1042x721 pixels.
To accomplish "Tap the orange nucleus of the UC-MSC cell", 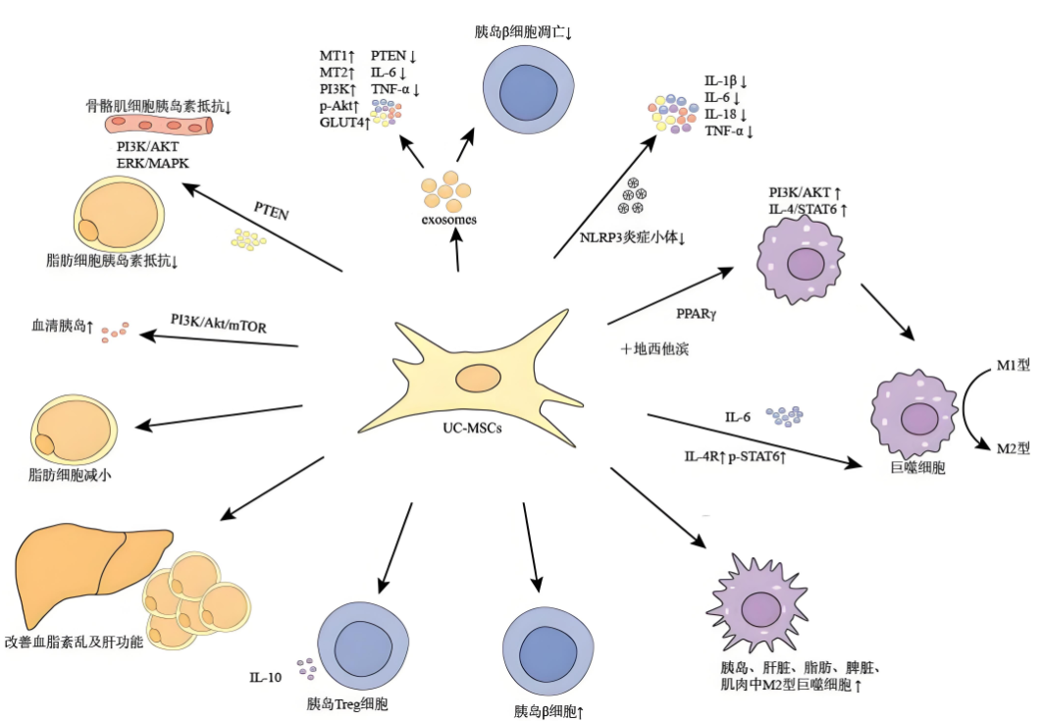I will pyautogui.click(x=478, y=378).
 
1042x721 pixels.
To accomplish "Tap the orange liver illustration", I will pyautogui.click(x=78, y=574).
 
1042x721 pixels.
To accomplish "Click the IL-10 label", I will pyautogui.click(x=267, y=676).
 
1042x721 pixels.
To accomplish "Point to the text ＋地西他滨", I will pyautogui.click(x=654, y=348).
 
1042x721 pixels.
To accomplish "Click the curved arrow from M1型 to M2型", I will pyautogui.click(x=969, y=406).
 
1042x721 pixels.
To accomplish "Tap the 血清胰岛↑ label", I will pyautogui.click(x=62, y=325).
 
